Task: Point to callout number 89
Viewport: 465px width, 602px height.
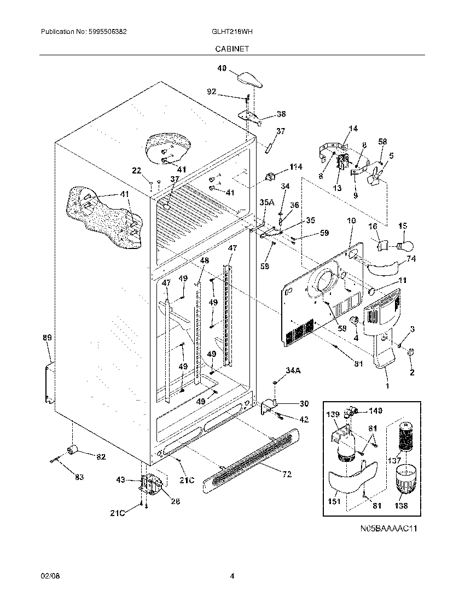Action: point(48,338)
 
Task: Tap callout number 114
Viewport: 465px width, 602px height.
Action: point(296,167)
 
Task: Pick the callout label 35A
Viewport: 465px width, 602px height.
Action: point(266,202)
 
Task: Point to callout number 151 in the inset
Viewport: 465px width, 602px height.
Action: point(334,501)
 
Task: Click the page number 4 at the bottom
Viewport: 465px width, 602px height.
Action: point(232,576)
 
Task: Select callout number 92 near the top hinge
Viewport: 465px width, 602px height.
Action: point(212,92)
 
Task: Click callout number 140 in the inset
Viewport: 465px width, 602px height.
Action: point(375,410)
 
